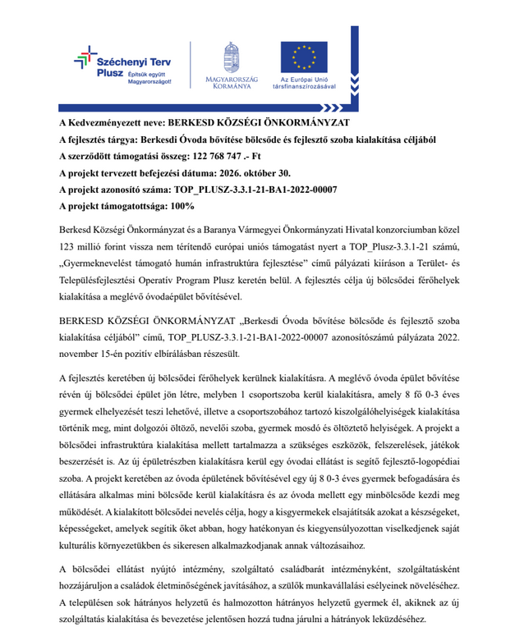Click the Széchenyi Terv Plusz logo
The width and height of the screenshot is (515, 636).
pyautogui.click(x=123, y=63)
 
